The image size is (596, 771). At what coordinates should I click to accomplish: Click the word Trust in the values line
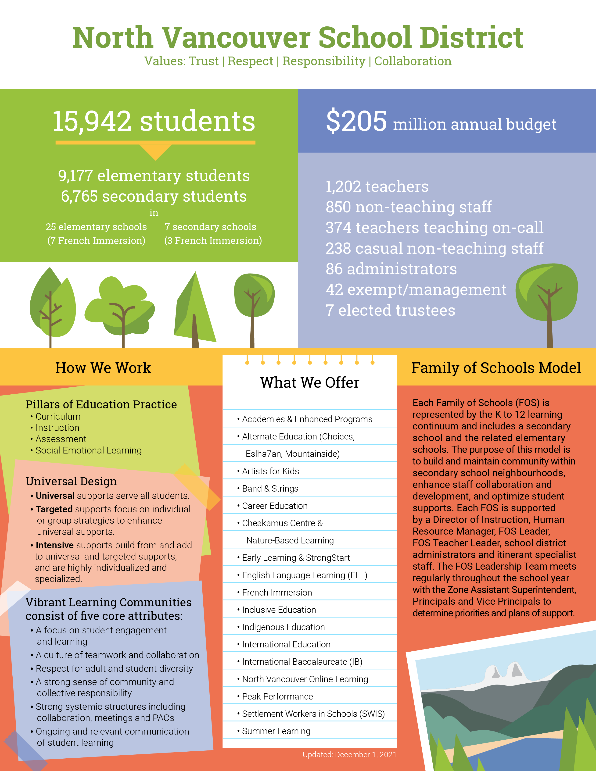[x=204, y=61]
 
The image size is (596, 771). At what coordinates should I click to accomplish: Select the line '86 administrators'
[x=391, y=269]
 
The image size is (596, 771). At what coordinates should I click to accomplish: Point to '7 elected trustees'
[x=390, y=310]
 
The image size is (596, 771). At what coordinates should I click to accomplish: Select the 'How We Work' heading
[x=103, y=368]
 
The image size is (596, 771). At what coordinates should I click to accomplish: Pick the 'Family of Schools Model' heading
[x=496, y=368]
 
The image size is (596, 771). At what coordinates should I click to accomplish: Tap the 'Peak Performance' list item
[x=277, y=696]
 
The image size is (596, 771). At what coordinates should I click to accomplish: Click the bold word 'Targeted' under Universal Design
[x=54, y=509]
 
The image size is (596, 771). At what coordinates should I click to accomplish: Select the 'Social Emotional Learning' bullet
[x=88, y=450]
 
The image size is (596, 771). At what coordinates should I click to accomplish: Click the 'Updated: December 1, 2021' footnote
[x=349, y=755]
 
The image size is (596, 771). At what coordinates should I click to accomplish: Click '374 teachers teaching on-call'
[x=434, y=228]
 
